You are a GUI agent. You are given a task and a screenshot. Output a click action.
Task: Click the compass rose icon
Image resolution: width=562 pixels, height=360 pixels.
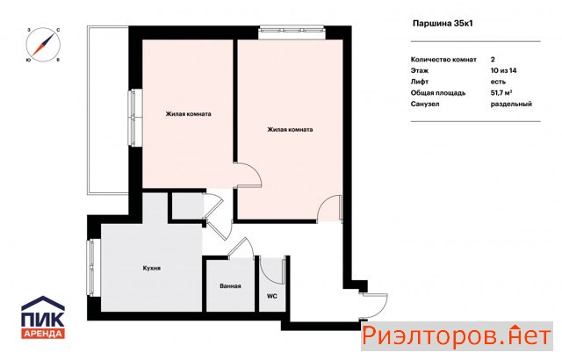[43, 45]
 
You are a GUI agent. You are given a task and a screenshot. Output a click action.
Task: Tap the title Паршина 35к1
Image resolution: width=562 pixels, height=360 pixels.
[443, 24]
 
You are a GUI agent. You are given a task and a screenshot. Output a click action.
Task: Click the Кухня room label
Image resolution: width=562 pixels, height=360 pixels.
[152, 268]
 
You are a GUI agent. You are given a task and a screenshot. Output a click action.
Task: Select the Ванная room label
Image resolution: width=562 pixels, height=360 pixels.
[230, 286]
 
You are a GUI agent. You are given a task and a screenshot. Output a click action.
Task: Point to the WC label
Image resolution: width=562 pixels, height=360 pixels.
[272, 296]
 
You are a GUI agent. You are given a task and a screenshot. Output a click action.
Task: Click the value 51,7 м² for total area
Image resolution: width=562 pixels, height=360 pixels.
[501, 93]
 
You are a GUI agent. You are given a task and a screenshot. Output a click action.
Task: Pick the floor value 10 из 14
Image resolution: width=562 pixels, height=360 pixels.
[503, 70]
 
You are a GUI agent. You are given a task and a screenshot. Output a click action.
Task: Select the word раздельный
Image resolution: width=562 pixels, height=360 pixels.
[511, 104]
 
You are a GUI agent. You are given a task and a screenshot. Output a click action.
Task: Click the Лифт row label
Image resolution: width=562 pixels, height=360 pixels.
[420, 82]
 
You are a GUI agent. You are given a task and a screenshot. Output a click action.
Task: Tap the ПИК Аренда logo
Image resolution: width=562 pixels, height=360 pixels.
[43, 317]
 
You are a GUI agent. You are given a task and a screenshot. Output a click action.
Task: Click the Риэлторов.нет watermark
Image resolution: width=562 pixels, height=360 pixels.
[457, 336]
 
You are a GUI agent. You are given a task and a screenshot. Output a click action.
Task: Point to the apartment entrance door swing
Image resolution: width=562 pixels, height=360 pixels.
[375, 306]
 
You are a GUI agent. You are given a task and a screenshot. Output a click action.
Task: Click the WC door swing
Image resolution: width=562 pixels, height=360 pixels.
[271, 270]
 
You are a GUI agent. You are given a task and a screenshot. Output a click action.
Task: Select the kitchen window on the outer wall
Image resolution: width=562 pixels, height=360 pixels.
[91, 268]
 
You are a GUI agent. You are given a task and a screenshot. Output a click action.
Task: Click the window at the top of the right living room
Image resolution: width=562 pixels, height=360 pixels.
[292, 32]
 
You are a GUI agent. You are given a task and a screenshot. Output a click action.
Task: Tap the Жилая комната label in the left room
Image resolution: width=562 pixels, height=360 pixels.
[188, 114]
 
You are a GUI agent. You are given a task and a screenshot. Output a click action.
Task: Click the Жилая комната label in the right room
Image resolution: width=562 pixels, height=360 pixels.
[290, 129]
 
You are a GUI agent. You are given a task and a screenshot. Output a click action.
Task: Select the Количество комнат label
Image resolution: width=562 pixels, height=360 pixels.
[443, 60]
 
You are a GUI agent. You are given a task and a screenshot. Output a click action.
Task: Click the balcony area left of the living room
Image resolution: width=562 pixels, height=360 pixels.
[108, 110]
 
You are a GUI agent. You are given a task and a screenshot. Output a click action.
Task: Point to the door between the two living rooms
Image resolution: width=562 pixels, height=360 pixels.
[248, 175]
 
